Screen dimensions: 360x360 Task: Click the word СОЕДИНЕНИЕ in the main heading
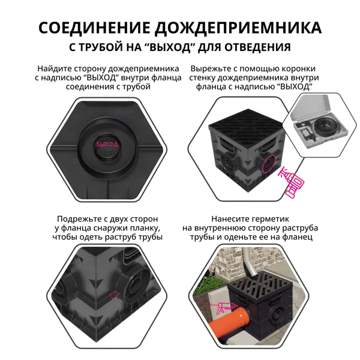(x=94, y=28)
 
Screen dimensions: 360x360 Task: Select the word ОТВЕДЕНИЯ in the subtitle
(x=257, y=47)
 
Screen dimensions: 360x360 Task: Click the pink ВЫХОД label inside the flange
(x=107, y=144)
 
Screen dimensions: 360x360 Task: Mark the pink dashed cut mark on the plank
(x=115, y=295)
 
